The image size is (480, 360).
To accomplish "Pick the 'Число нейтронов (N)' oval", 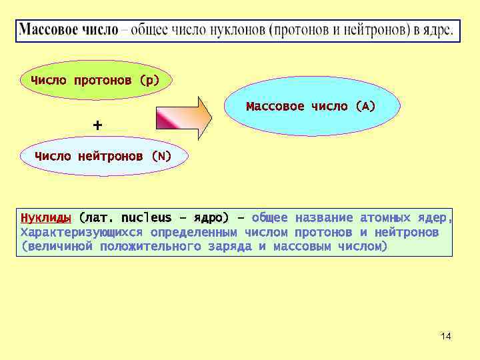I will [x=103, y=157].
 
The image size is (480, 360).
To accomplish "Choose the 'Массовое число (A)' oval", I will [x=311, y=106].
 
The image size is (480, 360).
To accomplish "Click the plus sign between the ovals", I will [x=98, y=125].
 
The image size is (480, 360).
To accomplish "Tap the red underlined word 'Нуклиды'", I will [x=46, y=218].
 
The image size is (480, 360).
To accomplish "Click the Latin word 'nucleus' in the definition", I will [x=147, y=218].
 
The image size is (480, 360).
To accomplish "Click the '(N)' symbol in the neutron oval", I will [x=161, y=157].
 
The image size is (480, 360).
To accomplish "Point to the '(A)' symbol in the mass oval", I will [x=365, y=106].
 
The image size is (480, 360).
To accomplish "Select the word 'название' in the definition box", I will [x=323, y=218].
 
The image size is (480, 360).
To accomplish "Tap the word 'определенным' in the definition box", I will [x=194, y=233].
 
